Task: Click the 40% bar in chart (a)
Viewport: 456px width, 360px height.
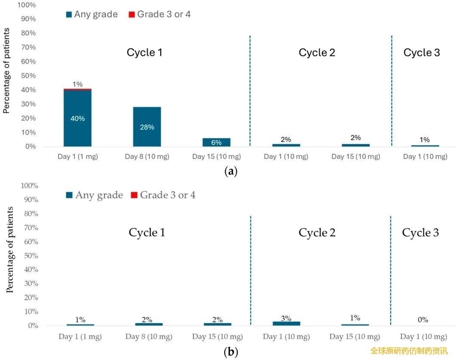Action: [77, 118]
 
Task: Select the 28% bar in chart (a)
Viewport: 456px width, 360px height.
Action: [147, 127]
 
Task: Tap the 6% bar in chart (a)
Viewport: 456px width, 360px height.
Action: [216, 142]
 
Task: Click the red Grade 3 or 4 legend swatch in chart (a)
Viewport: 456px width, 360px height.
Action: [132, 14]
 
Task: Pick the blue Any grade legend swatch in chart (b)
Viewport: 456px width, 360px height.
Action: [69, 195]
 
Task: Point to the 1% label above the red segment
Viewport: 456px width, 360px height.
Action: [78, 84]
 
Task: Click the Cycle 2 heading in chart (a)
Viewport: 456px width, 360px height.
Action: [317, 53]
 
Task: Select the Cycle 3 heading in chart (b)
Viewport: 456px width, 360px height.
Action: [420, 233]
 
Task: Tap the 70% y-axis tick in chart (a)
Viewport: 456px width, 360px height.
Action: [28, 47]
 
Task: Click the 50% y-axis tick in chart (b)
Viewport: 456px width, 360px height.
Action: [31, 256]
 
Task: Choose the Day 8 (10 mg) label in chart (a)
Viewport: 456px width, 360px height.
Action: [147, 156]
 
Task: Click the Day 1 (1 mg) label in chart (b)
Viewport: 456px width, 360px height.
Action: [80, 337]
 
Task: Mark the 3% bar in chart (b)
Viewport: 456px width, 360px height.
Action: [287, 323]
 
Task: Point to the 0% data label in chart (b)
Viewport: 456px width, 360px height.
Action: [423, 320]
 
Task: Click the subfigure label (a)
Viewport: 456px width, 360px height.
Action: [231, 171]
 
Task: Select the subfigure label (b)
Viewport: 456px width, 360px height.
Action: [231, 352]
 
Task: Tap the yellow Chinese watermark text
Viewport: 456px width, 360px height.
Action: [409, 351]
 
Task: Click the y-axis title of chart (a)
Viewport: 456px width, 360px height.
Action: [6, 70]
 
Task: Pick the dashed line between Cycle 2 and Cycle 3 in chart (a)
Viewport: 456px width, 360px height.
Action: [392, 91]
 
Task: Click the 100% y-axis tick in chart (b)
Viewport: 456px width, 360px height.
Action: [29, 186]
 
